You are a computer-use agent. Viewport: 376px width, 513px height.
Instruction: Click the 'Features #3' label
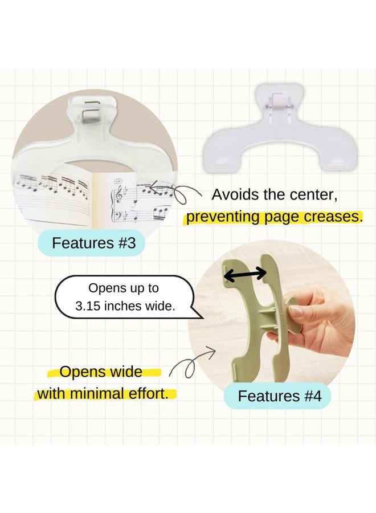pyautogui.click(x=93, y=243)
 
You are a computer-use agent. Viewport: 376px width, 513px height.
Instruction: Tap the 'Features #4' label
pyautogui.click(x=279, y=396)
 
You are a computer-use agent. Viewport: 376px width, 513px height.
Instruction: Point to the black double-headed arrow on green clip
pyautogui.click(x=244, y=274)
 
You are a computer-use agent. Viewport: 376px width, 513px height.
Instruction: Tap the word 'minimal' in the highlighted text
pyautogui.click(x=108, y=393)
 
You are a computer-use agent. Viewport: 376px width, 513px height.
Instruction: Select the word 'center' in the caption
pyautogui.click(x=316, y=194)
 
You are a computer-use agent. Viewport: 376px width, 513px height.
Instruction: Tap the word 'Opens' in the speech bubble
pyautogui.click(x=107, y=288)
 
